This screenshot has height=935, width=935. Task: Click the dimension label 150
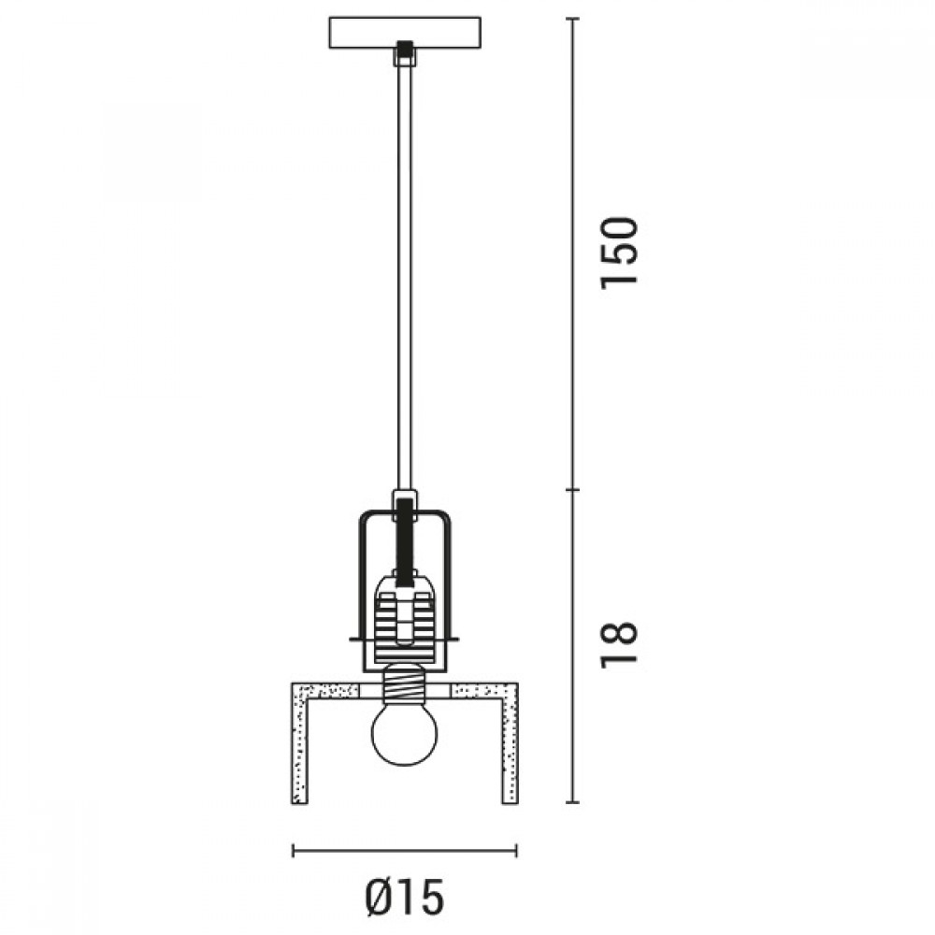pos(620,253)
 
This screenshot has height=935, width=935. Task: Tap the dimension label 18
pos(620,645)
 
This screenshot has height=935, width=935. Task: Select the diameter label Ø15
pos(405,897)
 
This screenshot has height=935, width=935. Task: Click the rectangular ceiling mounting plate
pos(405,33)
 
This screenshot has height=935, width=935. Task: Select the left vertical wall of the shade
pos(299,744)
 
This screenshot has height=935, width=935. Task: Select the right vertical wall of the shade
pos(510,744)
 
